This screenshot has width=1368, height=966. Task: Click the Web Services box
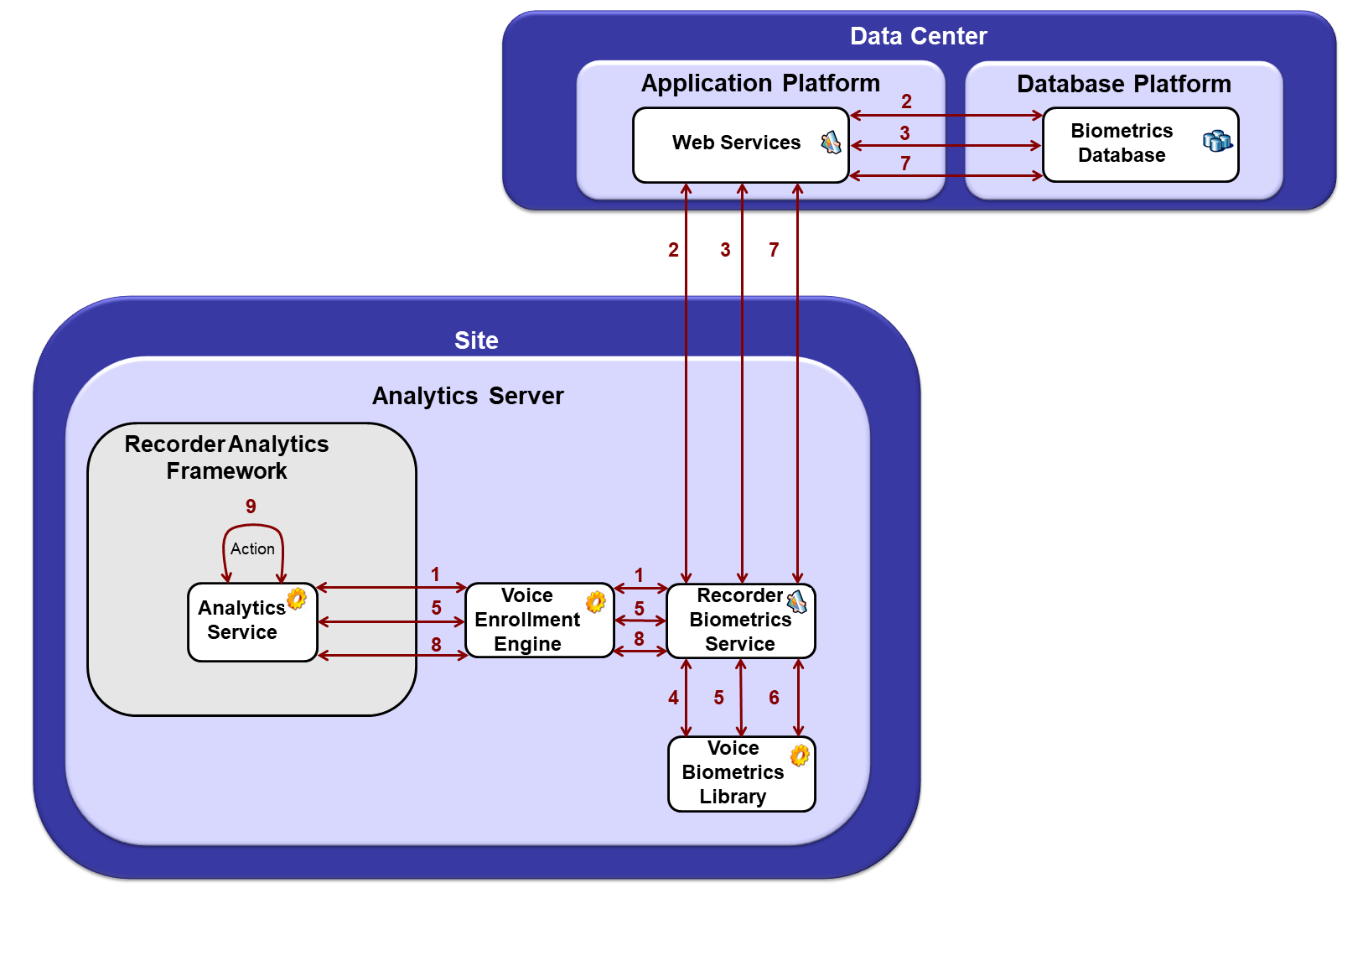(x=736, y=144)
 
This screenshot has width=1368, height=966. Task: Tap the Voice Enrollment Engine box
(x=528, y=621)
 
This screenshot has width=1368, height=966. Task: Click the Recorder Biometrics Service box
(x=739, y=621)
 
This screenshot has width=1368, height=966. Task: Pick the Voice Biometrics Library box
(x=733, y=773)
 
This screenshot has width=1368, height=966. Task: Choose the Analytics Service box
(x=243, y=622)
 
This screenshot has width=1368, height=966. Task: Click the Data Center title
(x=918, y=36)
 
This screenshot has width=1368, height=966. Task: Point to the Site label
(x=476, y=340)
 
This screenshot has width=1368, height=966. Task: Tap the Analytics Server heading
(x=468, y=396)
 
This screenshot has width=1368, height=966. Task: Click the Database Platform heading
(x=1123, y=84)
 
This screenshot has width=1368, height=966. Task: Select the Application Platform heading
(x=760, y=83)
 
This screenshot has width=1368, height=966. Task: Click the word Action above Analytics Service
(x=252, y=548)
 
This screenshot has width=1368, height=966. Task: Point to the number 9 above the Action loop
(x=251, y=506)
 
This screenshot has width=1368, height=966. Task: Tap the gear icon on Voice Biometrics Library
(x=800, y=755)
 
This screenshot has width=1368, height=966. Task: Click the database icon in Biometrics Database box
(x=1216, y=141)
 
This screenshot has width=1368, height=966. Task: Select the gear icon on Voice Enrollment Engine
(x=595, y=601)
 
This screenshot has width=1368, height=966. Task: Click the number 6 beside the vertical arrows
(x=774, y=698)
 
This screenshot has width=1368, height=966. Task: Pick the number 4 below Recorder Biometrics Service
(x=673, y=698)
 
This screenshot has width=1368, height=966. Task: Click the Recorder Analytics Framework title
(x=226, y=457)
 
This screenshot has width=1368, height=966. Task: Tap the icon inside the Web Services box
(x=830, y=143)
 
